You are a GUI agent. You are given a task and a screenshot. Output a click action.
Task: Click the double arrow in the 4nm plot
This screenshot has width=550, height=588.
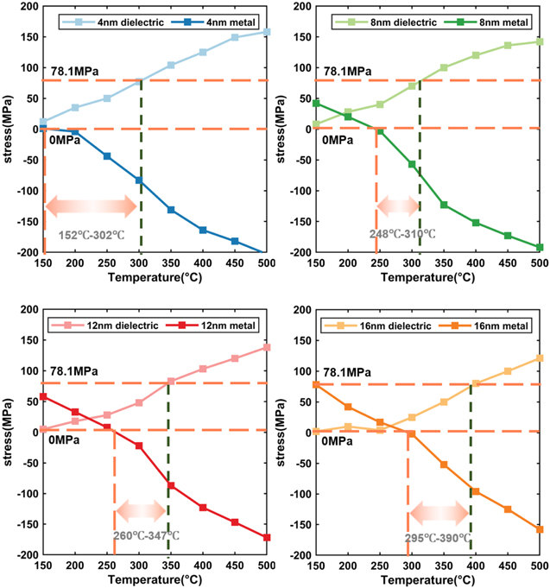[92, 205]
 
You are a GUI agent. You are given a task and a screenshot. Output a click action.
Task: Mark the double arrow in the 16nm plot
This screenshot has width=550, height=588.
[439, 513]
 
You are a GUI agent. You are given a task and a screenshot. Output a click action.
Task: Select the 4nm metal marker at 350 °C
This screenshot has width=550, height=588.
[171, 210]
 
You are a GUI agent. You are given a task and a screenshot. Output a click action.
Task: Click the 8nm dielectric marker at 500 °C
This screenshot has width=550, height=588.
[539, 41]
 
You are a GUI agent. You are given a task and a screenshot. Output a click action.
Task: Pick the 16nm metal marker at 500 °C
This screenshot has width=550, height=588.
[539, 529]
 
